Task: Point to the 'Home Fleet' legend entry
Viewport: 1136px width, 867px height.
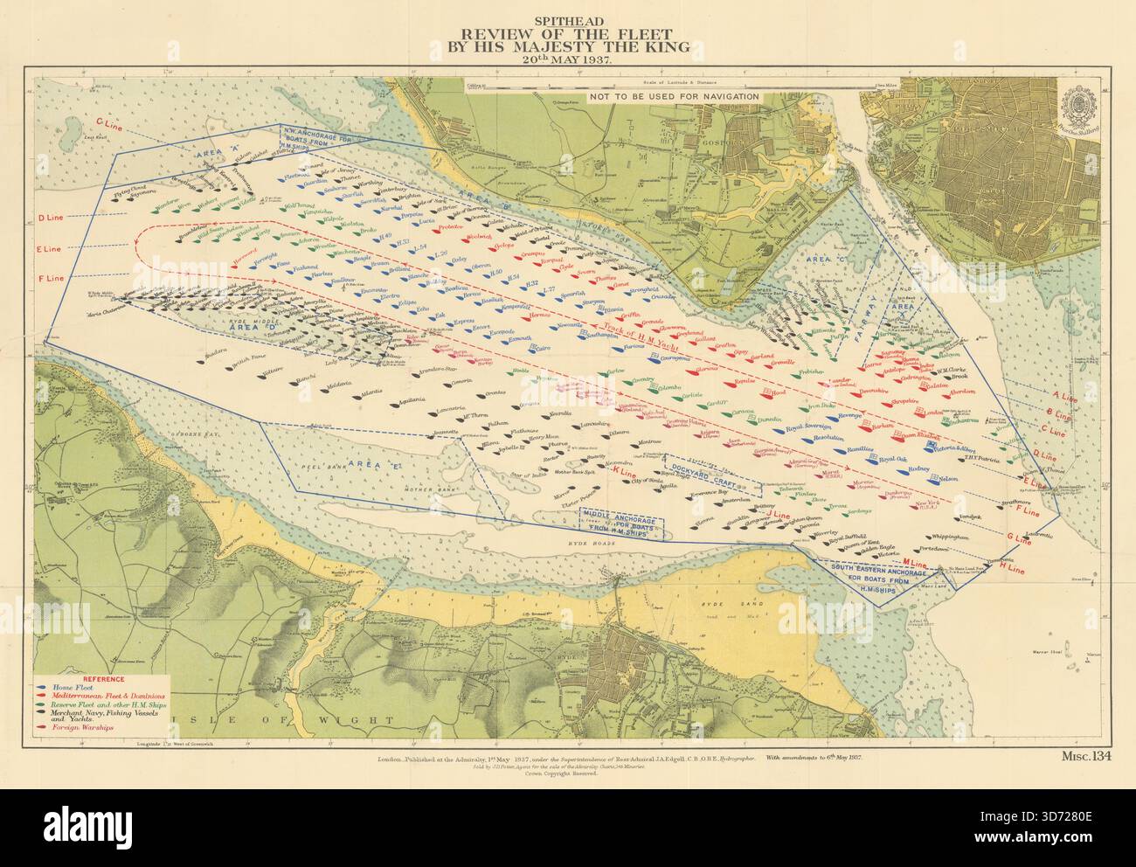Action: pos(74,686)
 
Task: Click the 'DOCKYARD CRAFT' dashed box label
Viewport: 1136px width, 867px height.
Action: pos(701,467)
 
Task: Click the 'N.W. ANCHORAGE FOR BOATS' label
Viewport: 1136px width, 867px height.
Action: pos(319,134)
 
